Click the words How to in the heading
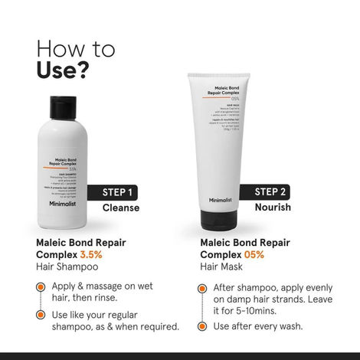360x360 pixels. click(x=76, y=48)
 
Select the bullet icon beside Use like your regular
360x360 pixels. click(x=41, y=316)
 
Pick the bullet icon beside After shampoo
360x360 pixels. click(x=202, y=289)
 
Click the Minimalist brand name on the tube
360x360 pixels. click(x=219, y=200)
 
